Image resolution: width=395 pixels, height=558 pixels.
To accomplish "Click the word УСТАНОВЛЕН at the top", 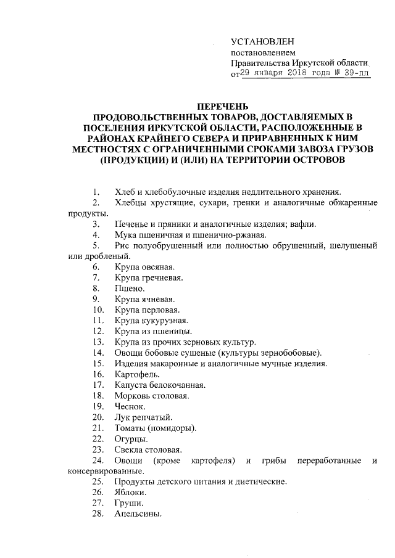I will point(262,41).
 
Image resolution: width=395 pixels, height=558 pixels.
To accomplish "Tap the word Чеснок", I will point(129,406).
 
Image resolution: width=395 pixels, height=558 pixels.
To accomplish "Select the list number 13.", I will point(97,342).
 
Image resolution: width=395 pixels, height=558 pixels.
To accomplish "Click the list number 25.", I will point(97,482).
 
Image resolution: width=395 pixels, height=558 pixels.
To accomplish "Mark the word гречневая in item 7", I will point(165,277).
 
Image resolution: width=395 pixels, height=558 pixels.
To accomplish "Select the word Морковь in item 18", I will point(132,396).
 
